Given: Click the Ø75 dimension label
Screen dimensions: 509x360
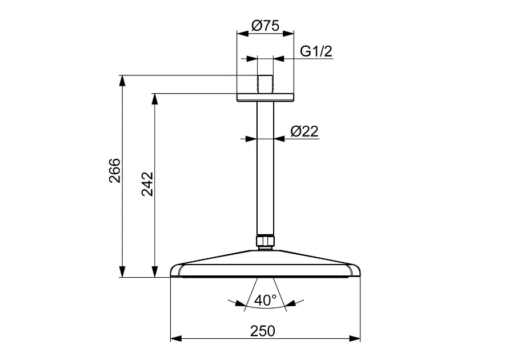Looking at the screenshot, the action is pyautogui.click(x=265, y=26).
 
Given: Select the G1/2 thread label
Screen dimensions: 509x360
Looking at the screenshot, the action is pyautogui.click(x=316, y=51).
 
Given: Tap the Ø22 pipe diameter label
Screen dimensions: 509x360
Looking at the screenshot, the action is pyautogui.click(x=304, y=131).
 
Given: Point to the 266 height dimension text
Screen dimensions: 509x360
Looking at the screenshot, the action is pyautogui.click(x=115, y=171).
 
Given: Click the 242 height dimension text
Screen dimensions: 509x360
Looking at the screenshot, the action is pyautogui.click(x=147, y=184).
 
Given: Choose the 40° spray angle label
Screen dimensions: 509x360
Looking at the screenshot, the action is pyautogui.click(x=265, y=300).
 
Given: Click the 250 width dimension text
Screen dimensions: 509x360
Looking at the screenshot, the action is pyautogui.click(x=263, y=331).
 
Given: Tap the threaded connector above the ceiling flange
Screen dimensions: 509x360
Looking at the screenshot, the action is pyautogui.click(x=265, y=85).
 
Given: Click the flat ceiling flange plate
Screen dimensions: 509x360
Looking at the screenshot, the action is pyautogui.click(x=265, y=97).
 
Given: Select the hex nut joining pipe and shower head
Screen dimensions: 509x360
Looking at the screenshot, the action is pyautogui.click(x=266, y=241).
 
